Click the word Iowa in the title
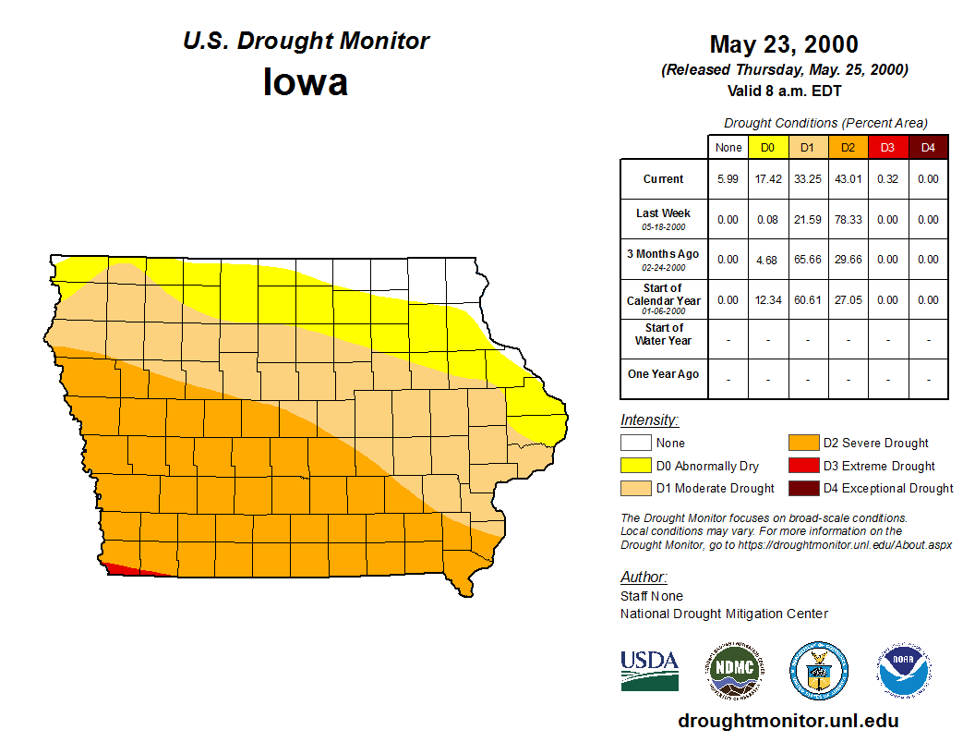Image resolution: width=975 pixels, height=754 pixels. [306, 81]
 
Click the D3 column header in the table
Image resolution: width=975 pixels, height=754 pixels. [887, 147]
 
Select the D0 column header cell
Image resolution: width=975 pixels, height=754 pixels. [767, 147]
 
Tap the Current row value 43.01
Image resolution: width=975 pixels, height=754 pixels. [848, 179]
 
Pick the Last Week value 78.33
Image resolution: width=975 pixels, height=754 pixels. [848, 220]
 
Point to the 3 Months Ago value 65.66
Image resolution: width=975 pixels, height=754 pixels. [808, 260]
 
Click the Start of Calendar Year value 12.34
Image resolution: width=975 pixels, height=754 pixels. [767, 300]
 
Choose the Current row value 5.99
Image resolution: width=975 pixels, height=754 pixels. [728, 179]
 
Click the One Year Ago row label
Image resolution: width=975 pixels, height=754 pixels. [663, 374]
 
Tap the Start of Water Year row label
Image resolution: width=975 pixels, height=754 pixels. [663, 334]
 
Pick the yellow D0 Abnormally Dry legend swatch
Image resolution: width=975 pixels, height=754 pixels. [636, 466]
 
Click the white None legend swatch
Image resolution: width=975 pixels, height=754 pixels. [636, 444]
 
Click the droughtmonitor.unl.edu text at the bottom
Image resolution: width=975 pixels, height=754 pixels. [788, 721]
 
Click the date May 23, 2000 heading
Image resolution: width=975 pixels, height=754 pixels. [784, 44]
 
